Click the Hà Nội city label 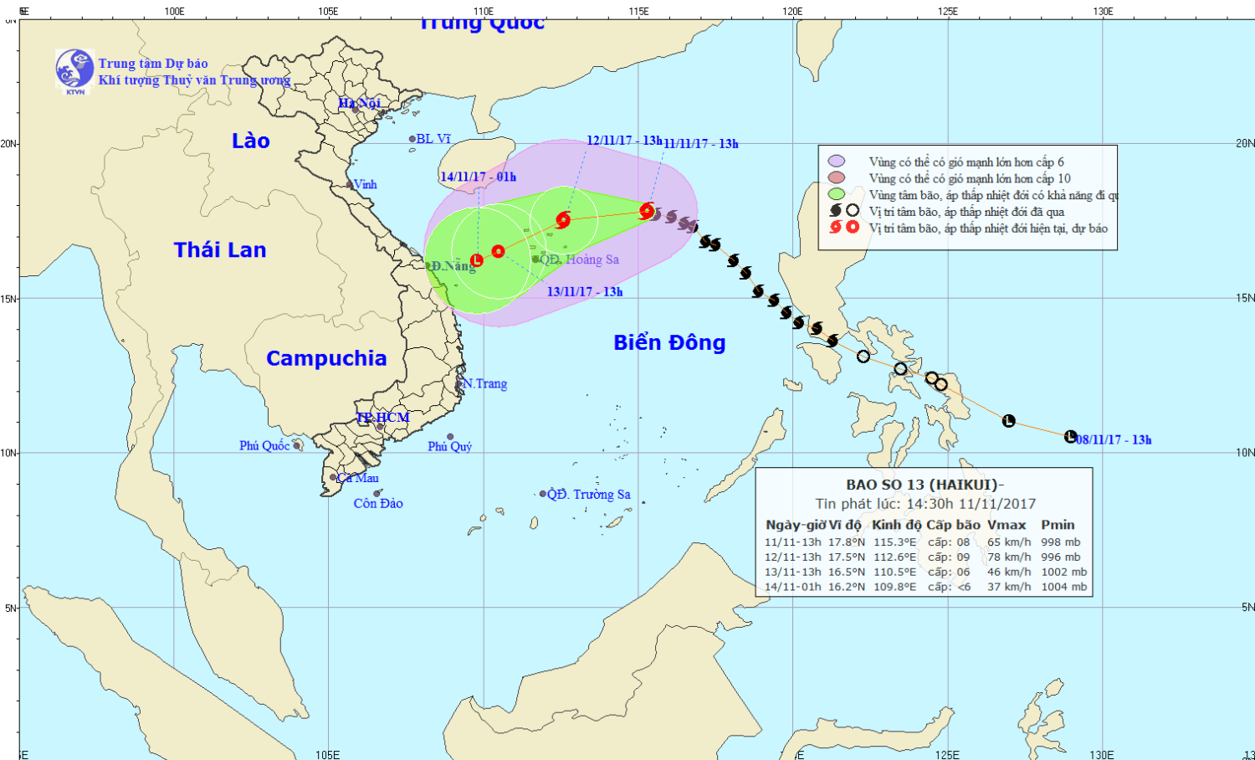pos(359,103)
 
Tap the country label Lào pos(250,141)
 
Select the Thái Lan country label pos(220,249)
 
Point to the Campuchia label pos(326,358)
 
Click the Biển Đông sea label pos(669,342)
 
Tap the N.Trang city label pos(486,383)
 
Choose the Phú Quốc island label pos(264,445)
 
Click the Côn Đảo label pos(378,503)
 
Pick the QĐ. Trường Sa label pos(589,494)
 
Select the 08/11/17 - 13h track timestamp pos(1114,439)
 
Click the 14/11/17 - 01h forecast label pos(478,177)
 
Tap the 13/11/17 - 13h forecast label pos(585,291)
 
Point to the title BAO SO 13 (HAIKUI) pos(924,485)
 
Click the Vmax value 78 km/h pos(1009,557)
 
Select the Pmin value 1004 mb pos(1064,587)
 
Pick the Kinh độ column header pos(896,525)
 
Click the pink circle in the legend pos(836,177)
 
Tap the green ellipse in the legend pos(836,194)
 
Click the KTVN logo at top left pos(74,70)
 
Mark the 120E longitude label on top pos(792,11)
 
